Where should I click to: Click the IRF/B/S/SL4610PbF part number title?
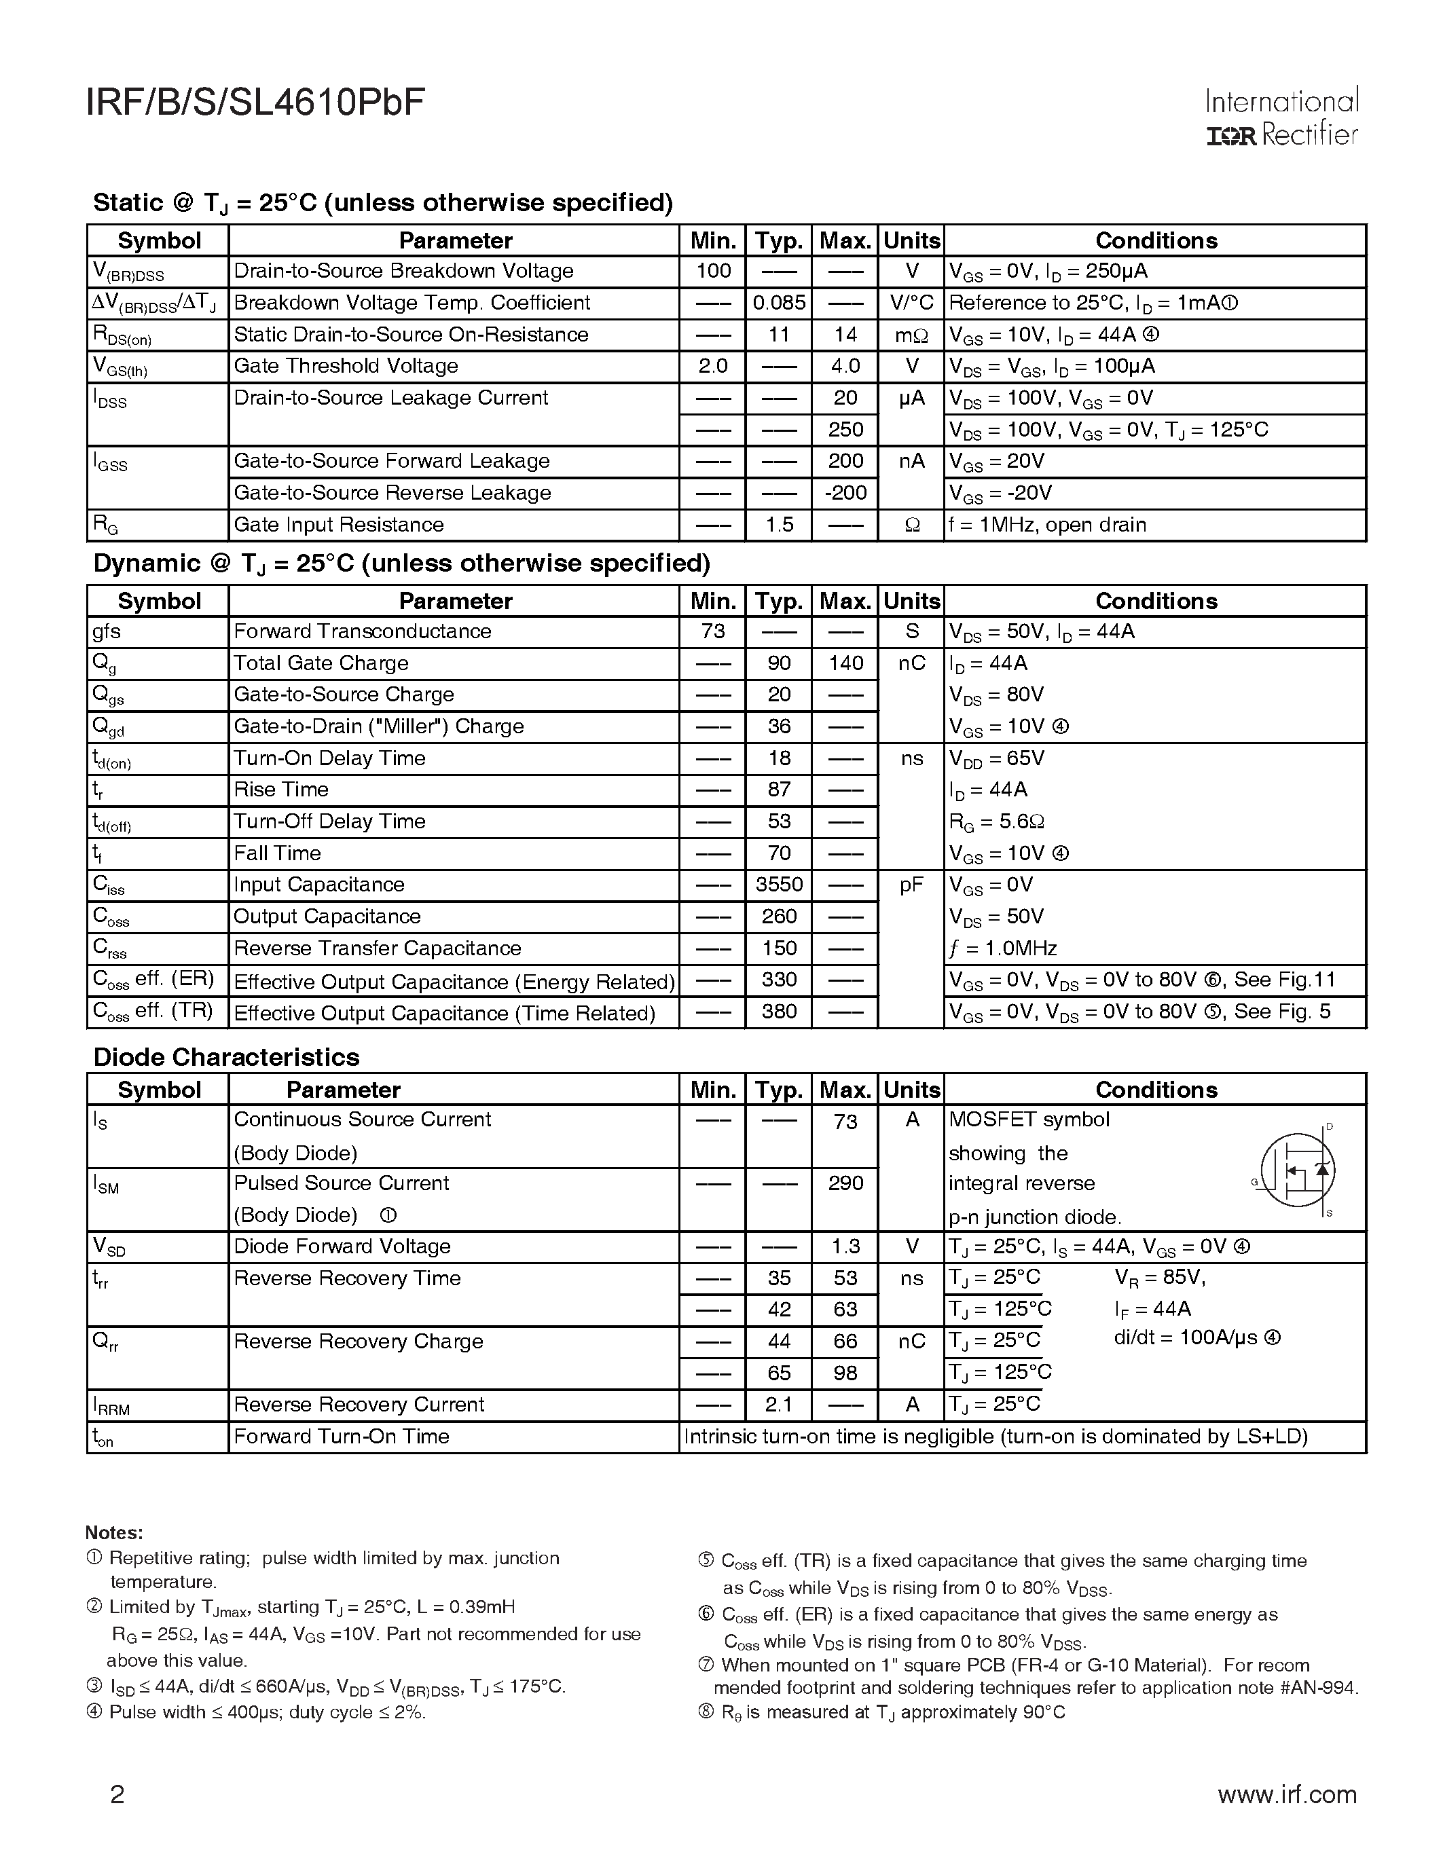point(255,103)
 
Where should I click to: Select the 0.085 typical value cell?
point(778,303)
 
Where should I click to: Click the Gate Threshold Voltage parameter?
point(346,367)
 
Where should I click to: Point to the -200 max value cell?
point(845,494)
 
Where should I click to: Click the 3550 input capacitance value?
point(778,885)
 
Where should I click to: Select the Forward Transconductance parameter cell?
point(363,632)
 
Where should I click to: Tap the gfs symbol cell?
point(107,632)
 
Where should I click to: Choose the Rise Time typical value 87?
point(778,790)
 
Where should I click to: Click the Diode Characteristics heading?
point(227,1058)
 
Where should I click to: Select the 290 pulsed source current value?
point(845,1184)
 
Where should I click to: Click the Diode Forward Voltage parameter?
point(342,1247)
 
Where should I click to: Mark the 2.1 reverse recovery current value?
point(778,1405)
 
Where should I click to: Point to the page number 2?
point(117,1794)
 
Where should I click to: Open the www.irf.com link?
point(1287,1794)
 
